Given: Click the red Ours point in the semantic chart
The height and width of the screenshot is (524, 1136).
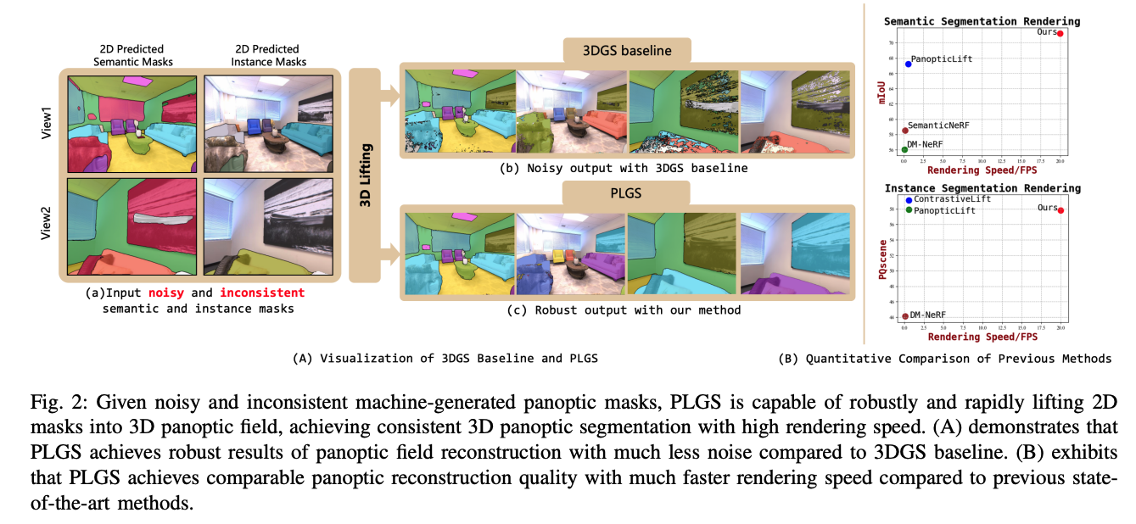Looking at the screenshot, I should coord(1060,33).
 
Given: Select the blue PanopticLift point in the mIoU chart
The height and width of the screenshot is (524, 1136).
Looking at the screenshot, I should coord(908,64).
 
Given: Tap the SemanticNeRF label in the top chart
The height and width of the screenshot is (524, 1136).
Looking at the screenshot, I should coord(938,125).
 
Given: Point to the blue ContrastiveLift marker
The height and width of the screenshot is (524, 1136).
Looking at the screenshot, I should coord(909,200).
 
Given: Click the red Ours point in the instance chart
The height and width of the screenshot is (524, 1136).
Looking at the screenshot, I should coord(1060,210).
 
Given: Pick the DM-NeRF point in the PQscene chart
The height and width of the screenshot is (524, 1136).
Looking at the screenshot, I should coord(905,316).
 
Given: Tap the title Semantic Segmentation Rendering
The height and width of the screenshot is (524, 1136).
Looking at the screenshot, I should coord(982,20).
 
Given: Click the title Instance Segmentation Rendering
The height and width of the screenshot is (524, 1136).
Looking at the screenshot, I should coord(982,187).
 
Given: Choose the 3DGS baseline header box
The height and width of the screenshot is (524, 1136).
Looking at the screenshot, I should coord(626,51).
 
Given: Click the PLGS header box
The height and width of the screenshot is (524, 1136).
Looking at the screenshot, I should coord(626,193).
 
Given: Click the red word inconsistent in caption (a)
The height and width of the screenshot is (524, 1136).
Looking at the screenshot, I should coord(262,293).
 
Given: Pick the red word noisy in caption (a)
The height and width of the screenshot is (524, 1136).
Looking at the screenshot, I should coord(166,293).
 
